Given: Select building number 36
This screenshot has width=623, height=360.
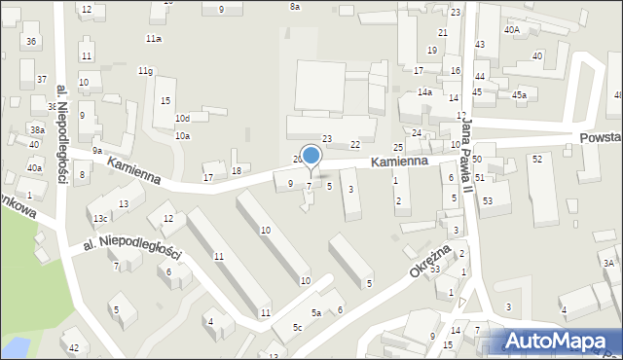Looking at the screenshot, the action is (31, 41).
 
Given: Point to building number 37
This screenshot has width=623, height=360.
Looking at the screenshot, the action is (41, 79).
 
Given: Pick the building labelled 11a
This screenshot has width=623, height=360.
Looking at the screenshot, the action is (153, 39).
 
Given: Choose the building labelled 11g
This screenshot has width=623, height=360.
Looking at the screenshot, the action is (145, 71).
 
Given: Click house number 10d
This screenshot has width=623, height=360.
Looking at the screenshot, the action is (182, 119).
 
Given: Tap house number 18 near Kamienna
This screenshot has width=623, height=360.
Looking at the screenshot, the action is (236, 170).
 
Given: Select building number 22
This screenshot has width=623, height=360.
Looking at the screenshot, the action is (355, 144).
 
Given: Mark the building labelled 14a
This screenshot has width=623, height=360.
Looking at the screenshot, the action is (424, 91).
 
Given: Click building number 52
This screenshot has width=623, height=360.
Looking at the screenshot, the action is (536, 159).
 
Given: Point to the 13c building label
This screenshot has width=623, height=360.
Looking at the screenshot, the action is (100, 218).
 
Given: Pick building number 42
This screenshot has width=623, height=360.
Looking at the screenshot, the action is (73, 347).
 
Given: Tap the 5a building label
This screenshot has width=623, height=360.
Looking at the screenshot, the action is (315, 312).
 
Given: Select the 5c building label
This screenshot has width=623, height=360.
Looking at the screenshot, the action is (298, 327).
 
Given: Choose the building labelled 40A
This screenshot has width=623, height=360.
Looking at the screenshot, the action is (511, 30).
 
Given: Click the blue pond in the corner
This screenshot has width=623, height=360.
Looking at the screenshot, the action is (15, 346).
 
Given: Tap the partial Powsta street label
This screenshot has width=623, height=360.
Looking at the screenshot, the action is (598, 139).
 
